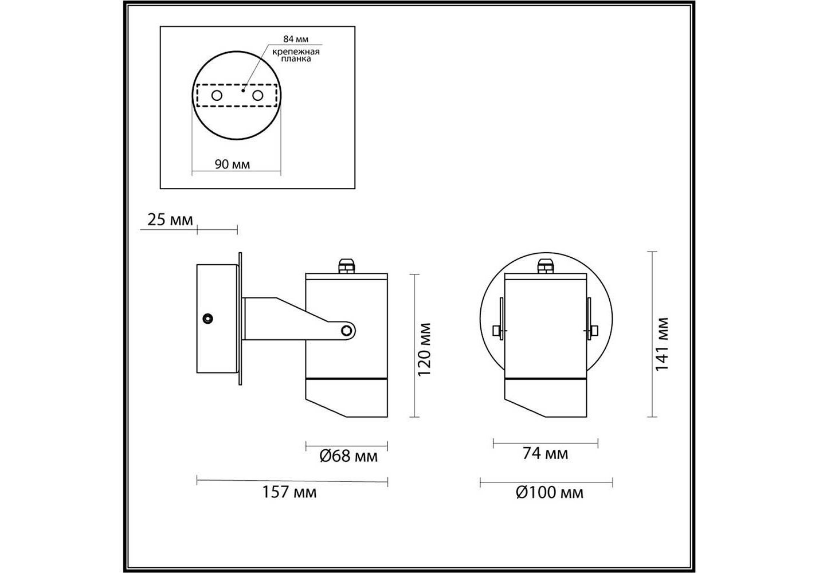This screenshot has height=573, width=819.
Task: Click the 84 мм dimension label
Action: point(296,39)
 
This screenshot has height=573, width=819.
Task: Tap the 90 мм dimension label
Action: point(232,164)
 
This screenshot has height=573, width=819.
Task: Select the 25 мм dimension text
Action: point(170,219)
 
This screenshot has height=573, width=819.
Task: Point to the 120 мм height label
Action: point(424,350)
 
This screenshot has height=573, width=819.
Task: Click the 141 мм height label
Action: point(662,344)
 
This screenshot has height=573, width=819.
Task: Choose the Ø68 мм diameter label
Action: point(348,456)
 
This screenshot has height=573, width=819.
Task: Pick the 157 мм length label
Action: point(289,492)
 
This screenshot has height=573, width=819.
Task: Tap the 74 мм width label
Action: point(545,453)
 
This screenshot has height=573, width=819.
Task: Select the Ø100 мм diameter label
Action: point(550,493)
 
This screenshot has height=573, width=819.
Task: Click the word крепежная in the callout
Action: point(296,52)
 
